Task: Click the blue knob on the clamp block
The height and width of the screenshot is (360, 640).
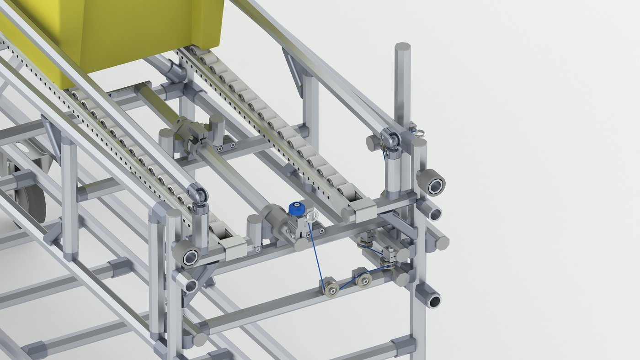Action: [x=296, y=209]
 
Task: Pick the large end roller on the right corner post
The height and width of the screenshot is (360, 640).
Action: [x=431, y=182]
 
